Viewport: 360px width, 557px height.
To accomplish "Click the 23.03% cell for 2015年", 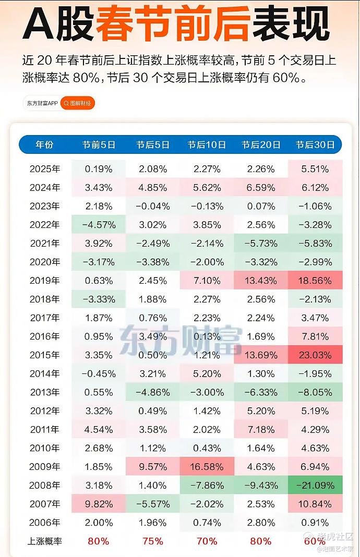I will pos(315,355).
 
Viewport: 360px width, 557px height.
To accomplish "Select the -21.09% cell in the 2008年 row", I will pos(315,486).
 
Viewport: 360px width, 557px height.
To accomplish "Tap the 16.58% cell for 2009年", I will pos(207,467).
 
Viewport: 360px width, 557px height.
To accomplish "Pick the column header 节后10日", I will pos(207,145).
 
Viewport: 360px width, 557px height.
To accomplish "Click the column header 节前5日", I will pos(99,145).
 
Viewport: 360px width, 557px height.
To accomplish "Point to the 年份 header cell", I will pos(44,145).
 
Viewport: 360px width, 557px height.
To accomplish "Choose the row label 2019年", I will pos(44,281).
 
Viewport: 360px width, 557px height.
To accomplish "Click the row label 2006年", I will pos(44,523).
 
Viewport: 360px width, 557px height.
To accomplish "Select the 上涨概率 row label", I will pos(44,541).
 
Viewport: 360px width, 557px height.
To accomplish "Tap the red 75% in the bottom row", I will pos(153,541).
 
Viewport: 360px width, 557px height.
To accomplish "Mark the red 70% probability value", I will pos(207,541).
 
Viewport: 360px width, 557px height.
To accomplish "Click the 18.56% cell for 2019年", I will pos(315,281).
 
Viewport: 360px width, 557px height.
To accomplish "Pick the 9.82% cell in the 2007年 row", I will pos(99,504).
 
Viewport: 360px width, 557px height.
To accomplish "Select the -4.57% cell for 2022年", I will pos(99,225).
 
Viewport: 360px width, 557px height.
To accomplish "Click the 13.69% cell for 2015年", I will pos(261,355).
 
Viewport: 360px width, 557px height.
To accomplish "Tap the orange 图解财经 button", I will pos(78,103).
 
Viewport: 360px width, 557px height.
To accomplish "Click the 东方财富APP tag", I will pos(42,103).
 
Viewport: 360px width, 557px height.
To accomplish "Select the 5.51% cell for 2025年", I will pos(315,169).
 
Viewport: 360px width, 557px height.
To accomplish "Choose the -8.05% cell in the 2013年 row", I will pos(315,392).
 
